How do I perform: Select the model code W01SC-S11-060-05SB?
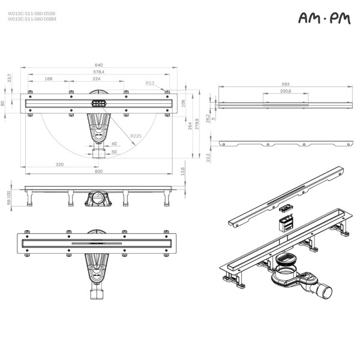pos(32,13)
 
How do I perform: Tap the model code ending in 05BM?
pos(32,19)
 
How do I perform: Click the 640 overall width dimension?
pos(98,65)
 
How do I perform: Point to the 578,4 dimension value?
pos(98,72)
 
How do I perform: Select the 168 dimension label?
pos(49,79)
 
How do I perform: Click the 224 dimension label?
pos(96,79)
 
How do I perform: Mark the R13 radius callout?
pos(149,83)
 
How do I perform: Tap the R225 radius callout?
pos(136,136)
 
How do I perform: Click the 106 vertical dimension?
pos(183,103)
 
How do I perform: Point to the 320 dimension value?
pos(59,164)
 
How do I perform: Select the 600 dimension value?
pos(98,172)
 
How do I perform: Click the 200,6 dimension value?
pos(285,91)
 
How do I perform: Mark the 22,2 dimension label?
pos(208,157)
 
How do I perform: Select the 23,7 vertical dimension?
pos(9,78)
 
